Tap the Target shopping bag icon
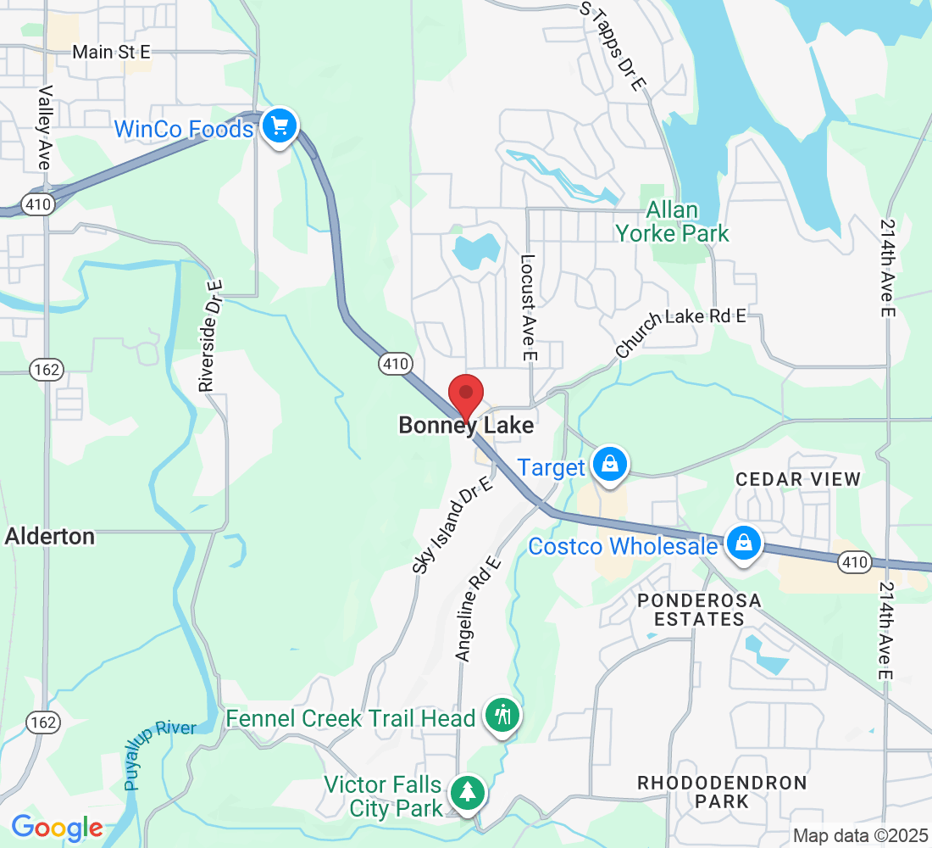tap(609, 464)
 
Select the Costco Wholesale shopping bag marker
tap(743, 543)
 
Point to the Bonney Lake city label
tap(466, 425)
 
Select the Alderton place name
tap(50, 536)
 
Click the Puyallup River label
tap(160, 754)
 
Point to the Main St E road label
tap(111, 53)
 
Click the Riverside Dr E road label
tap(210, 336)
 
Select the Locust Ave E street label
tap(529, 310)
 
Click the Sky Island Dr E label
tap(452, 525)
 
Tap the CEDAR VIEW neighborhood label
tap(797, 479)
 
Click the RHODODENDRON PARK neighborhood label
tap(723, 791)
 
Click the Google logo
tap(57, 828)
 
